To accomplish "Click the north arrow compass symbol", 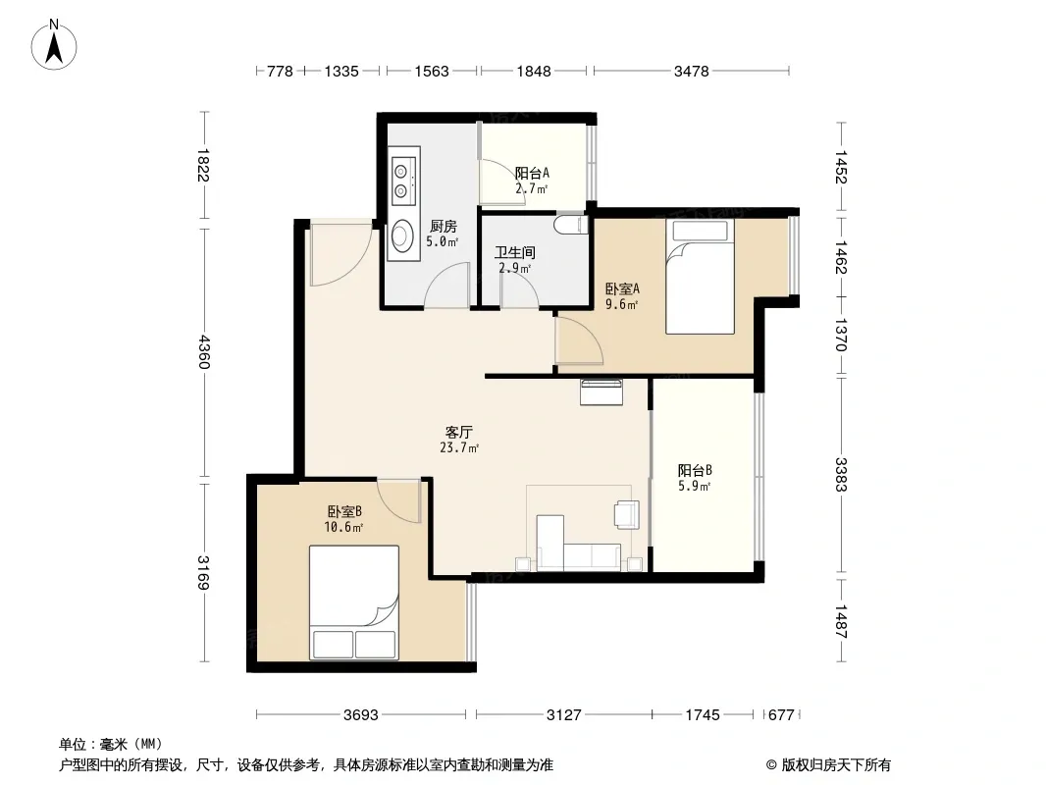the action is tap(54, 45).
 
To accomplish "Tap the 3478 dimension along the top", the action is tap(691, 72).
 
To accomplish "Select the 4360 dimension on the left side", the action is tap(204, 352).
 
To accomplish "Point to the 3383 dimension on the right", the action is tap(841, 474).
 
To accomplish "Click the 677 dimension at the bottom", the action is tap(781, 715).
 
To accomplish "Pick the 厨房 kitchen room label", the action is tap(443, 226).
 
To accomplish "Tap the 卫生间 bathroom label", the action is tap(514, 253).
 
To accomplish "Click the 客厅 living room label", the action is tap(459, 432).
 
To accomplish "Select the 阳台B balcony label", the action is tap(695, 470).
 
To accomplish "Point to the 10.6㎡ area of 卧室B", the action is tap(343, 528).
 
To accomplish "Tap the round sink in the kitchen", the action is tap(402, 235).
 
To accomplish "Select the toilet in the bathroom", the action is tap(571, 224).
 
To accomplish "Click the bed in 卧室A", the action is tap(700, 276).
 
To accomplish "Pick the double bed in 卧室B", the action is tap(354, 602).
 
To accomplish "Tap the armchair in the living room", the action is tap(627, 514).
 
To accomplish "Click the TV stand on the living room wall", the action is tap(601, 392).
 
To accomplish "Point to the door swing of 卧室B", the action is tap(399, 500).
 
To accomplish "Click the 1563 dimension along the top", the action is tap(432, 72).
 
